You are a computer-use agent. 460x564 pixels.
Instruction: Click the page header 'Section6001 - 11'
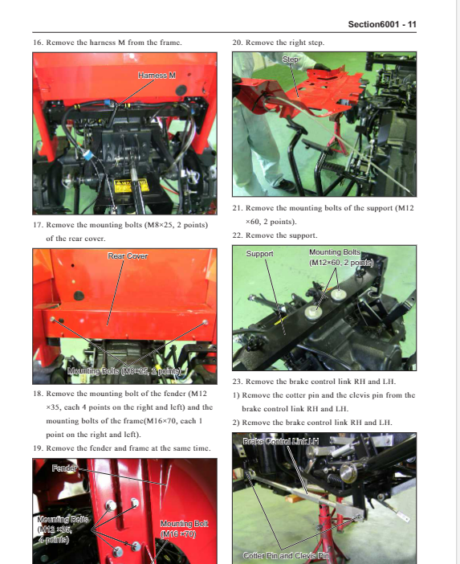tap(382, 24)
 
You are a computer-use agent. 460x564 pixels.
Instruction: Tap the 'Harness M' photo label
tap(157, 76)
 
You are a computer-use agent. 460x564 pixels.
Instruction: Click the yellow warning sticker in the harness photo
tap(131, 186)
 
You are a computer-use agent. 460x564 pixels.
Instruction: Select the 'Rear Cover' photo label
tap(128, 256)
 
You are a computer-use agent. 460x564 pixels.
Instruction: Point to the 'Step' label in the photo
tap(290, 59)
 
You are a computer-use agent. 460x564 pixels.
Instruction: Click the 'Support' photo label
tap(259, 254)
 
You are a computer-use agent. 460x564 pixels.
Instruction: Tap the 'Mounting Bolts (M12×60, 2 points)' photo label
tap(341, 258)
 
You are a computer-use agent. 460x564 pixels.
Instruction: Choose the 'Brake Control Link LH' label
tap(281, 441)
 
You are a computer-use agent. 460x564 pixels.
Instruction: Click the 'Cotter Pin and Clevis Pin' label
tap(286, 555)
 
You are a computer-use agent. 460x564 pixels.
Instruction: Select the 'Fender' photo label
tap(64, 468)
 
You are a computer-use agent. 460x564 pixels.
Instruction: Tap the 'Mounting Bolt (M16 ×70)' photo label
tap(184, 529)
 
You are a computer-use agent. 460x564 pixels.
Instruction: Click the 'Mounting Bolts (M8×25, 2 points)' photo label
tap(124, 371)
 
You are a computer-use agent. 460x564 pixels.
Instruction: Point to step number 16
tap(38, 43)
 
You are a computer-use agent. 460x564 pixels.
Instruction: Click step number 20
tap(237, 43)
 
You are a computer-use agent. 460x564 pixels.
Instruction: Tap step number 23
tap(237, 382)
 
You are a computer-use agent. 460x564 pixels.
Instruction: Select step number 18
tap(38, 394)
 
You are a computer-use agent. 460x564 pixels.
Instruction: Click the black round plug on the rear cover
tap(79, 296)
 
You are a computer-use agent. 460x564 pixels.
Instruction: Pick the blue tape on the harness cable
tap(88, 155)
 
